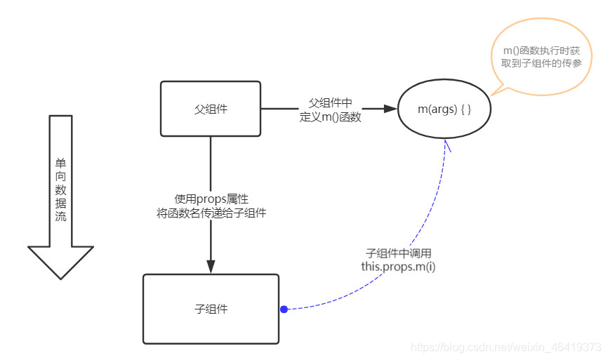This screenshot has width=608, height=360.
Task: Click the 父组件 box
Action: (211, 109)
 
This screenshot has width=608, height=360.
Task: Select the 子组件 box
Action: (211, 309)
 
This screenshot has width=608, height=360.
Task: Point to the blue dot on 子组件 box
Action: (284, 309)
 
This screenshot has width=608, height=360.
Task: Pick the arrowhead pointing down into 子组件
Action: (211, 265)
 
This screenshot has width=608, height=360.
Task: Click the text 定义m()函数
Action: (330, 117)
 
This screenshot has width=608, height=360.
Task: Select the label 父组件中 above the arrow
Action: (330, 102)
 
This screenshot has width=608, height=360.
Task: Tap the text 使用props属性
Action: (211, 199)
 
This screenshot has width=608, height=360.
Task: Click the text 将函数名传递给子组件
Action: (211, 213)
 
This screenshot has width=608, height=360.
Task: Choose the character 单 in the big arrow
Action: (60, 161)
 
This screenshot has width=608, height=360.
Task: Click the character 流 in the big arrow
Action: (60, 216)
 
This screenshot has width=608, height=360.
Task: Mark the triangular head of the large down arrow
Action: (60, 261)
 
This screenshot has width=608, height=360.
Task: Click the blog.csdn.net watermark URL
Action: (505, 347)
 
